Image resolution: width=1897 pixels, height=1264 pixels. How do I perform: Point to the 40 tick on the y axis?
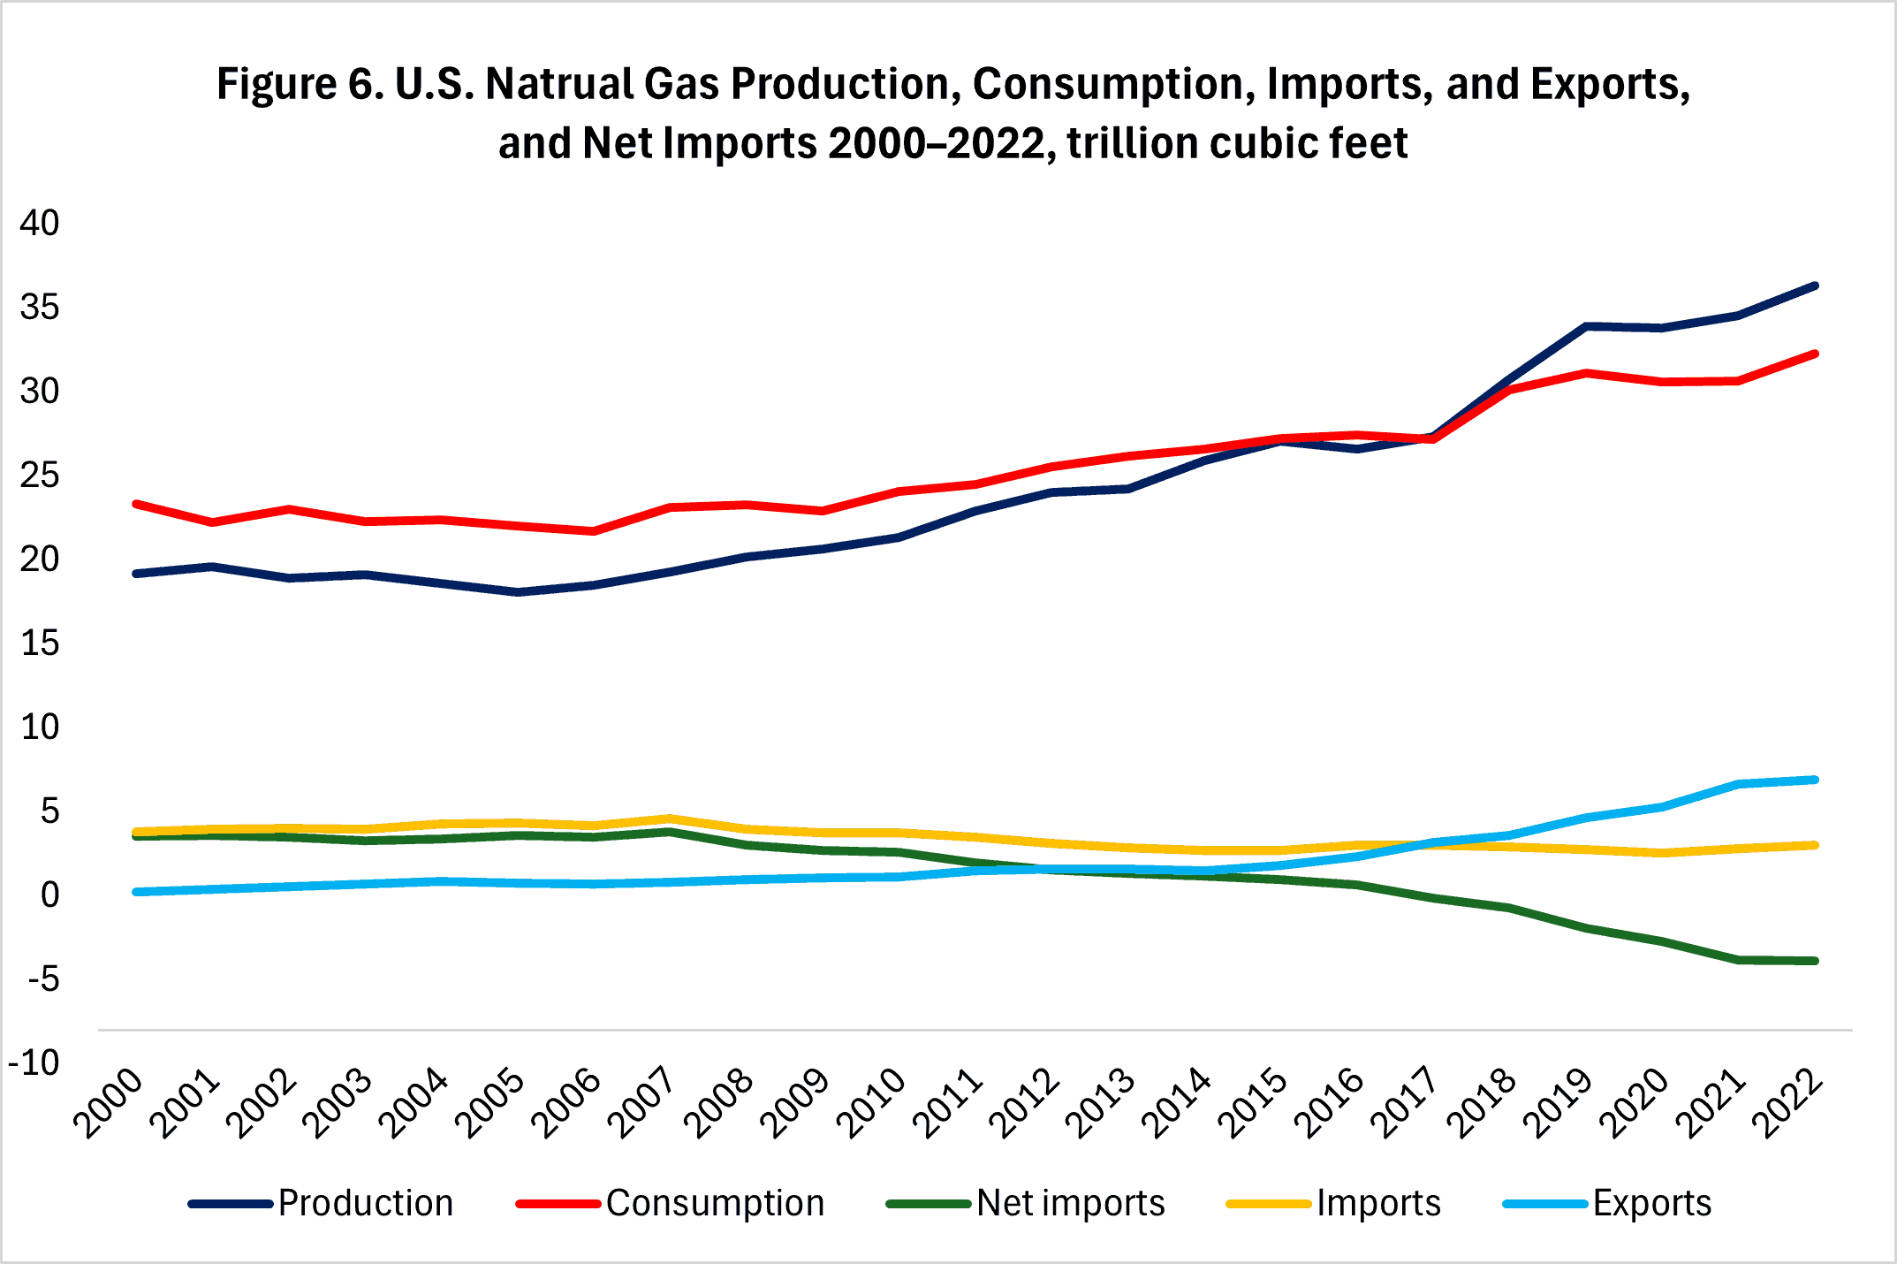pyautogui.click(x=40, y=223)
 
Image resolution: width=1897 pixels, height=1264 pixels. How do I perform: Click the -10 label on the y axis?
pyautogui.click(x=34, y=1062)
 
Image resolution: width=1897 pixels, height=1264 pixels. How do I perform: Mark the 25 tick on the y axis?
pyautogui.click(x=40, y=476)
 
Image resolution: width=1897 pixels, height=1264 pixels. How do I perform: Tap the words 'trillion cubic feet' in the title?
pyautogui.click(x=1237, y=143)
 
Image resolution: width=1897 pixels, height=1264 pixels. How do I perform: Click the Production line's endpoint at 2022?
pyautogui.click(x=1815, y=286)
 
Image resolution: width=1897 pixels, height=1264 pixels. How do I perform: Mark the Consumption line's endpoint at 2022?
pyautogui.click(x=1815, y=354)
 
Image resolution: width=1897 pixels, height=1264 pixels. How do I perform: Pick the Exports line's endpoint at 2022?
pyautogui.click(x=1815, y=780)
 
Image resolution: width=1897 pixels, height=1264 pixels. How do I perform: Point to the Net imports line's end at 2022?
pyautogui.click(x=1815, y=961)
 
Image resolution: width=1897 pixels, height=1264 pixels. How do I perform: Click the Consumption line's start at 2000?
pyautogui.click(x=137, y=504)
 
